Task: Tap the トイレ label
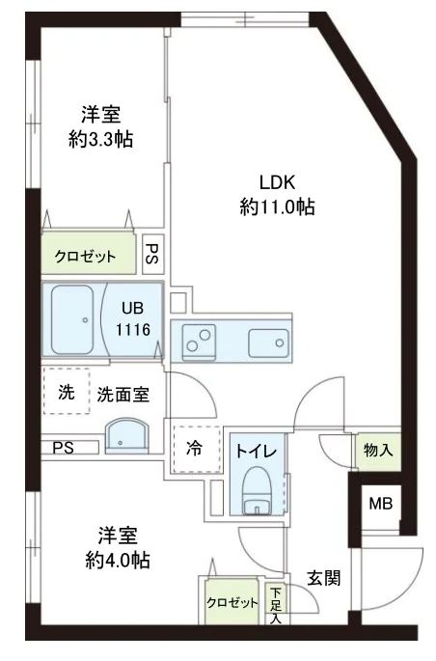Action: pos(259,450)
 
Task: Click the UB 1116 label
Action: pos(133,318)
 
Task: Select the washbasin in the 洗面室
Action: pos(124,435)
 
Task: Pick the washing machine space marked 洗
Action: pos(66,393)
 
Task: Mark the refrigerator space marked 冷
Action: pos(193,448)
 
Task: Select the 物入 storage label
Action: pos(376,449)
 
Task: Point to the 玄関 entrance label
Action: pos(323,578)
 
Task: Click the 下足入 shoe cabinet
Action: pos(276,605)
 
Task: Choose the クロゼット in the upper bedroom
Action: pos(85,256)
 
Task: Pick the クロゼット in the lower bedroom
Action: pos(232,603)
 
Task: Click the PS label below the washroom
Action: pos(64,447)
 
